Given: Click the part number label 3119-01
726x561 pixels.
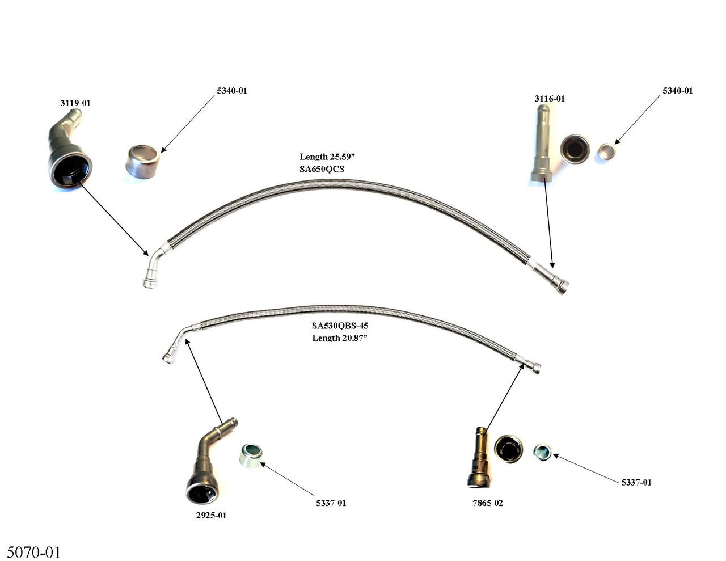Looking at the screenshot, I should pos(75,103).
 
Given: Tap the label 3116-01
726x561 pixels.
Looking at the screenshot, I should pos(549,99).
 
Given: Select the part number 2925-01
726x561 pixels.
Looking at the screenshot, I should pos(210,516).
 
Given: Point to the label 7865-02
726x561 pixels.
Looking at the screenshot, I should pos(487,503).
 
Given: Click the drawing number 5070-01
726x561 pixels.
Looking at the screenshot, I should pos(33,551).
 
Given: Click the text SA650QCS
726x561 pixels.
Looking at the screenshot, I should pos(322,169).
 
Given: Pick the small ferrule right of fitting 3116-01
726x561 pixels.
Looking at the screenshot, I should pos(607,151).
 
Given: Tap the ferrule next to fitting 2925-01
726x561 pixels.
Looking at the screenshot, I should pos(250,455).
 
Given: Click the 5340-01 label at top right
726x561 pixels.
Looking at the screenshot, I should pos(677,91).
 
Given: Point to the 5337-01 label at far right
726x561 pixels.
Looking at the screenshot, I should pos(636,482).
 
